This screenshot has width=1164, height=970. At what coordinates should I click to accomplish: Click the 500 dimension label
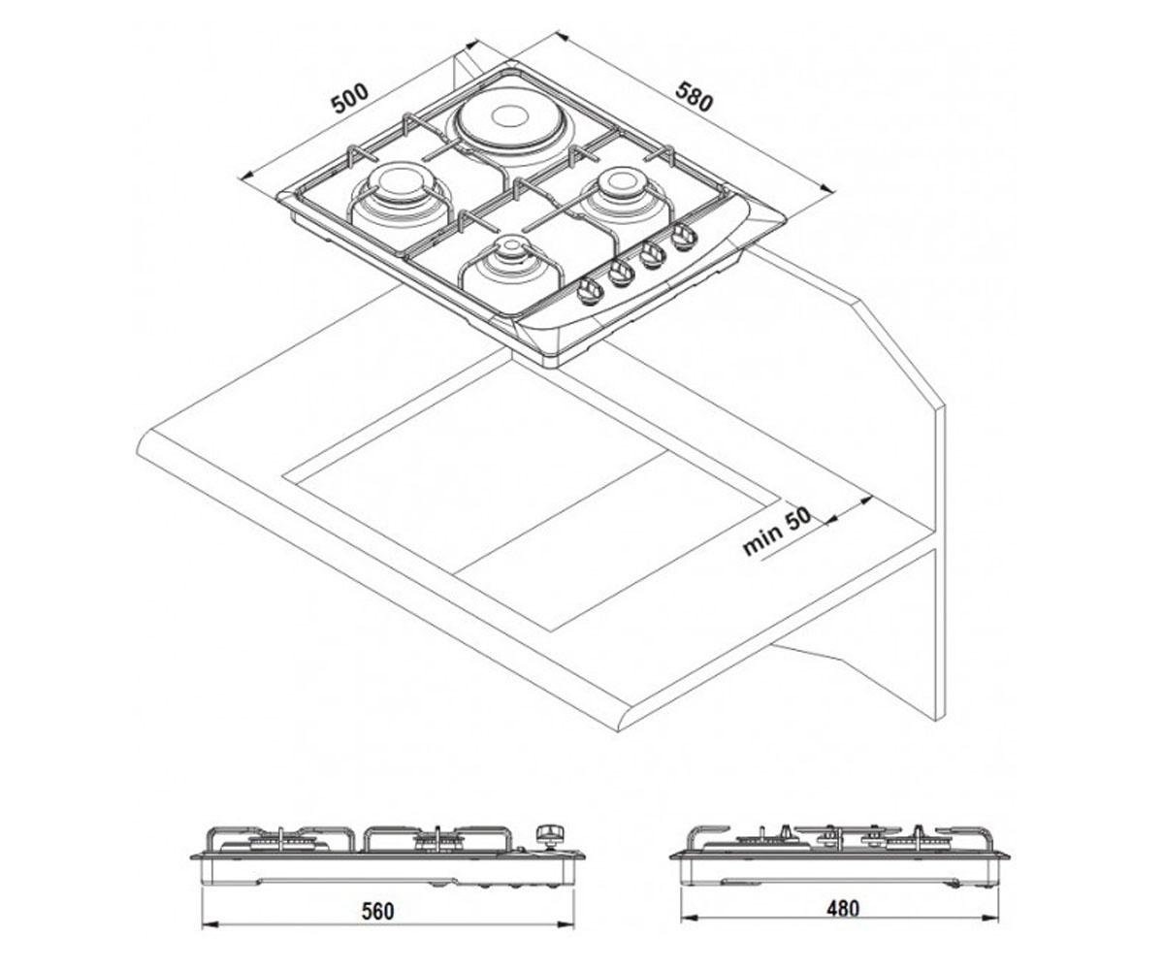[x=349, y=98]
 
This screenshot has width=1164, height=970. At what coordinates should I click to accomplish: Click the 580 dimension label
[x=695, y=96]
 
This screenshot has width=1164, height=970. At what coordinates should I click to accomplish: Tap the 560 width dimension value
[x=377, y=911]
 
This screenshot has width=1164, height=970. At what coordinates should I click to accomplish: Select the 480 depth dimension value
[x=843, y=908]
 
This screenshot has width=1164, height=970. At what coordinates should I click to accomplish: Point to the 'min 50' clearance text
[x=777, y=532]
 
